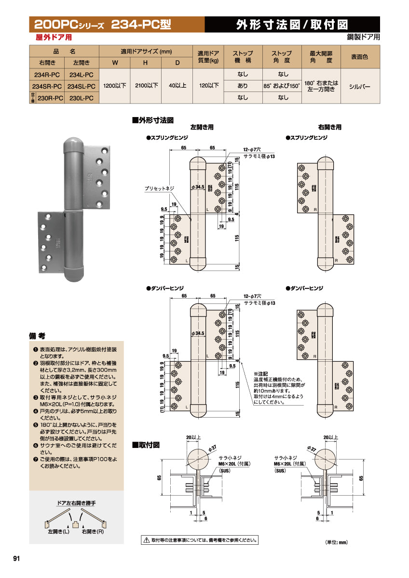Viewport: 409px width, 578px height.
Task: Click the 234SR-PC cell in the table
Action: [x=50, y=86]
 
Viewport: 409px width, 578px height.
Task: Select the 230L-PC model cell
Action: [x=81, y=98]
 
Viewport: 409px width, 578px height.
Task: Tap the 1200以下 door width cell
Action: [x=115, y=86]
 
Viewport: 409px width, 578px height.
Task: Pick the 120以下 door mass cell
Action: [x=208, y=86]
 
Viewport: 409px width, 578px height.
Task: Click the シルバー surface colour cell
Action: [x=360, y=86]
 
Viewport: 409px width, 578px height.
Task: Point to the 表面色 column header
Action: [x=360, y=57]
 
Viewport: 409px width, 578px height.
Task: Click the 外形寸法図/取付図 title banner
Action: [x=292, y=25]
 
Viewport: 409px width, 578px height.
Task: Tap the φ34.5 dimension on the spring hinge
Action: [x=198, y=186]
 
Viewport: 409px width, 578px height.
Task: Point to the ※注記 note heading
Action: [x=260, y=374]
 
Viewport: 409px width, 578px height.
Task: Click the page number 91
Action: [x=16, y=559]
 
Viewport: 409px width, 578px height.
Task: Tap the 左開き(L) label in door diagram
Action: [x=59, y=533]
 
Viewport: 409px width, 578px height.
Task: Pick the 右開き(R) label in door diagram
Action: [x=93, y=533]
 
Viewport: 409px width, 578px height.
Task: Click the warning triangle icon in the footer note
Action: [x=146, y=540]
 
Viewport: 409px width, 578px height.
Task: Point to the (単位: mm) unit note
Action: [x=336, y=542]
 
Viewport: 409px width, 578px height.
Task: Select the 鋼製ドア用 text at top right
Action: [x=363, y=37]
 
